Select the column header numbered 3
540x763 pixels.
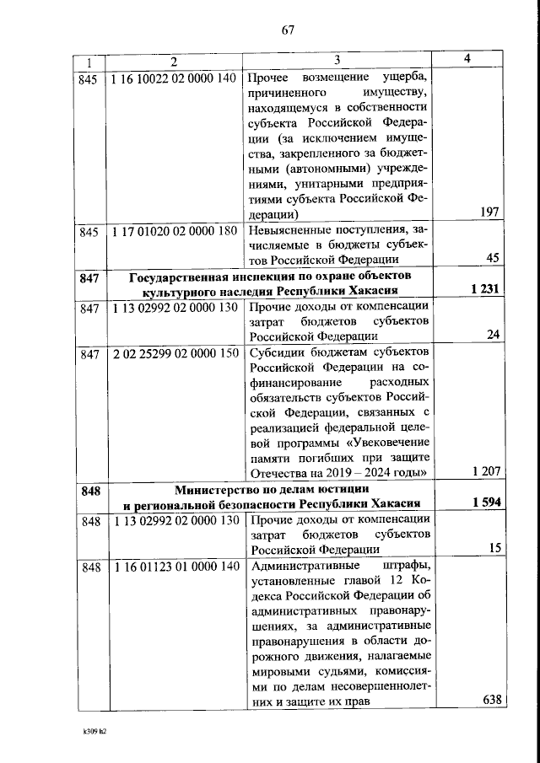(336, 60)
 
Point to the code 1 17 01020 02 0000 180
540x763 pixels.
(173, 231)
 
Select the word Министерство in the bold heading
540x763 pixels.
(221, 489)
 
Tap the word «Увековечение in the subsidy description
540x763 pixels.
(382, 441)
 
